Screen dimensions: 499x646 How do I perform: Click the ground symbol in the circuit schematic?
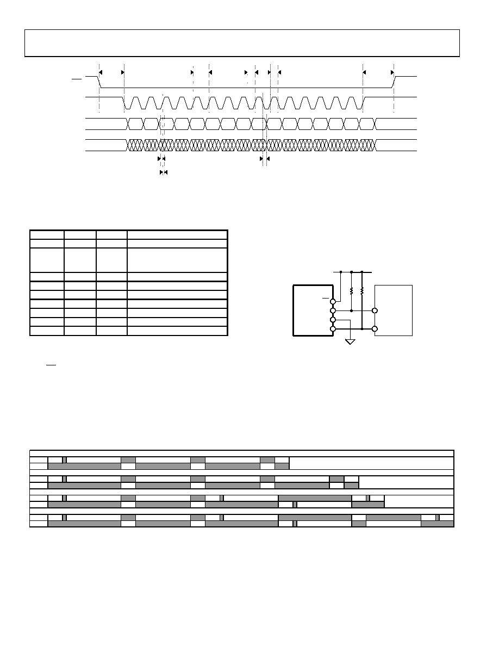coord(351,341)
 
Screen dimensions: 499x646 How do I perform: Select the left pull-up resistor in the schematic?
coord(352,290)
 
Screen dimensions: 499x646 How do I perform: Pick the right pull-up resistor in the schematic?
coord(362,290)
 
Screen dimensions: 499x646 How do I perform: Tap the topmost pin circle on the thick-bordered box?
coord(333,301)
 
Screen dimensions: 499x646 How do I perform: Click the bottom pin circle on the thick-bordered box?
coord(333,329)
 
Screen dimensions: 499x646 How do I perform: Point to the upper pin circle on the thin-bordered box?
coord(375,310)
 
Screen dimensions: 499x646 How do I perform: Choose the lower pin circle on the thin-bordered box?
coord(375,329)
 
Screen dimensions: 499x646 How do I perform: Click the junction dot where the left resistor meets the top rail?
coord(352,271)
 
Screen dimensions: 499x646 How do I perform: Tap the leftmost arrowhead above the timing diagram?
coord(101,72)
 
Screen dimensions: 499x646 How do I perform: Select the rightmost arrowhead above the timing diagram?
coord(392,72)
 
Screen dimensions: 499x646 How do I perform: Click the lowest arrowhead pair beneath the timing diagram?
coord(163,172)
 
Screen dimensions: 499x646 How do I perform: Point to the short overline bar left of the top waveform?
coord(77,79)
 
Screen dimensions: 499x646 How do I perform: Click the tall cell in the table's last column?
coord(177,259)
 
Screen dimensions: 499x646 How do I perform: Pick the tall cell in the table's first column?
coord(47,259)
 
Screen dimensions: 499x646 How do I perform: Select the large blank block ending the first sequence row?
coord(371,463)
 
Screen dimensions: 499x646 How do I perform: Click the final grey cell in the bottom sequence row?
coord(437,524)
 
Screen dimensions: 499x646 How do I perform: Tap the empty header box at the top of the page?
coord(242,43)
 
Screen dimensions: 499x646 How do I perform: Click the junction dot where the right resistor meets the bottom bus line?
coord(362,329)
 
